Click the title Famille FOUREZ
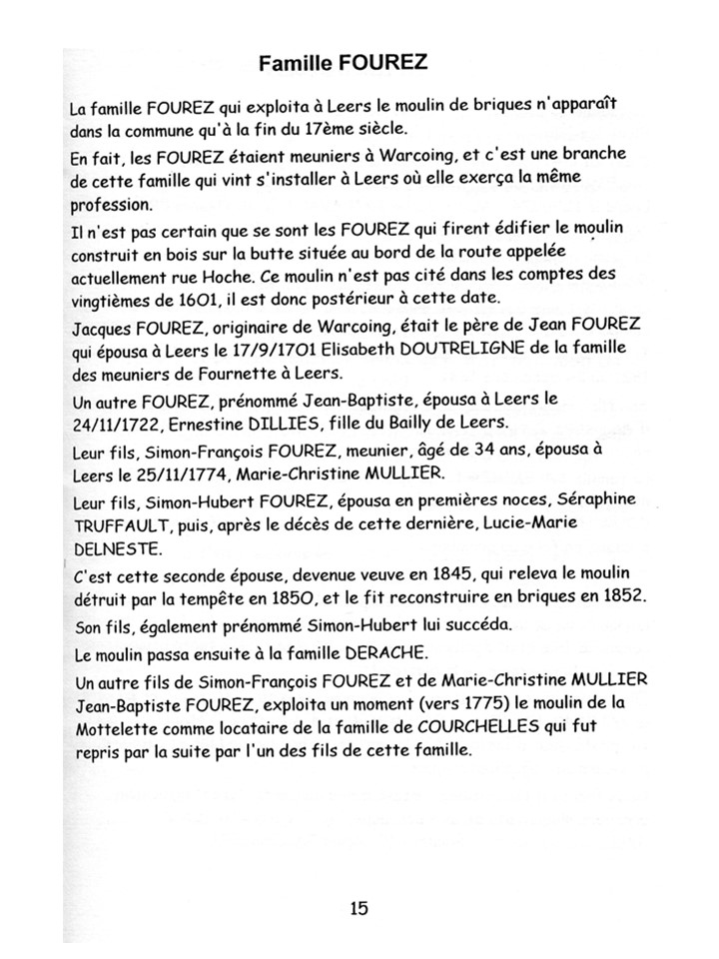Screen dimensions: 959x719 [x=343, y=64]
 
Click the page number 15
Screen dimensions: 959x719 [x=359, y=908]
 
